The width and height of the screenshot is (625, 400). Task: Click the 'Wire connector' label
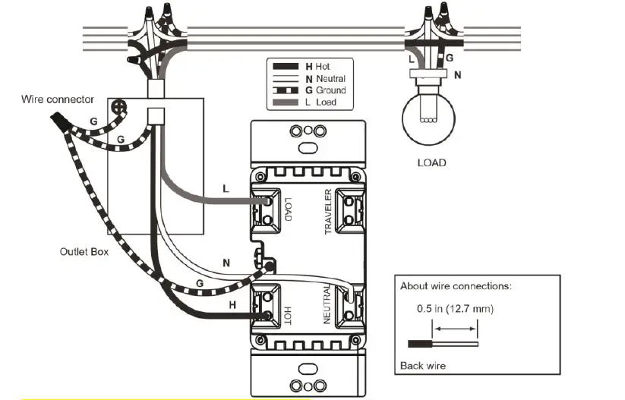coord(58,99)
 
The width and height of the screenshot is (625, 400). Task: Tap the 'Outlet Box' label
coord(84,251)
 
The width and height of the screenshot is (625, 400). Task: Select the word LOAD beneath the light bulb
coord(431,162)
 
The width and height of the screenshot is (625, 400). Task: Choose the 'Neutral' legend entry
coord(324,78)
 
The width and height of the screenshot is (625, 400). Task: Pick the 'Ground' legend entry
coord(325,90)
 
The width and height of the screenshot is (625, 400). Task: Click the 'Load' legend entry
coord(321,102)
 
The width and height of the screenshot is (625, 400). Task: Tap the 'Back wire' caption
coord(422,366)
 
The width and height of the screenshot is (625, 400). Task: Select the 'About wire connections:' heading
coord(456,286)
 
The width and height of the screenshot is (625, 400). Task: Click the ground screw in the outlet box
coord(118,108)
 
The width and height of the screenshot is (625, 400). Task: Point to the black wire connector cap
coord(58,120)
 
